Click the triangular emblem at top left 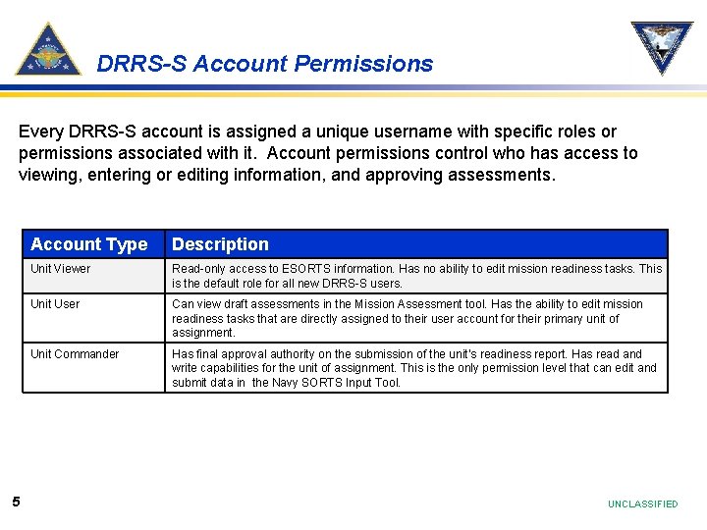(x=48, y=50)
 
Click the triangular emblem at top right (x=661, y=46)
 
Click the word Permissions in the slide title (x=363, y=64)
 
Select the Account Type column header (x=88, y=244)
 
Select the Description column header (x=220, y=244)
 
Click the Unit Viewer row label (x=60, y=269)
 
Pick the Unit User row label (x=55, y=304)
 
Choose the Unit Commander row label (x=75, y=354)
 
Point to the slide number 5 (x=16, y=503)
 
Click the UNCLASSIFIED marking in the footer (x=642, y=503)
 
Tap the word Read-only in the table (x=199, y=269)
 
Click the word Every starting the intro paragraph (x=40, y=132)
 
